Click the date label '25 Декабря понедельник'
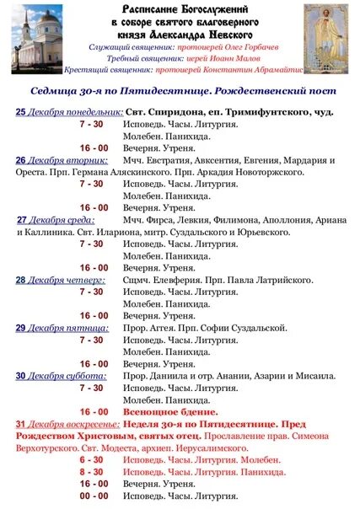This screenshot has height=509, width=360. click(68, 111)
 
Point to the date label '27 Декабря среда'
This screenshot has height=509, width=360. click(57, 218)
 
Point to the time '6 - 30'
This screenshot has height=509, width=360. click(91, 461)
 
